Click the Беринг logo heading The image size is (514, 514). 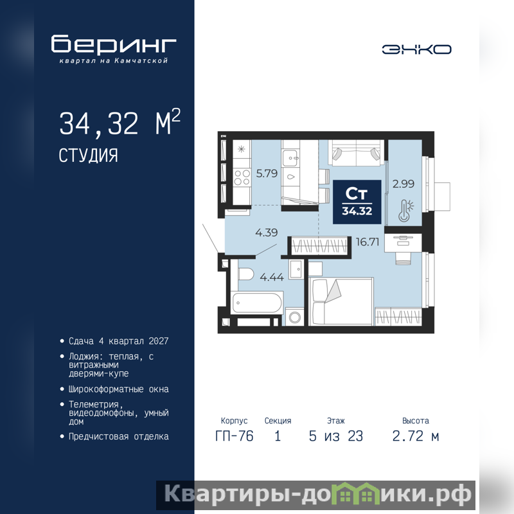pos(114,44)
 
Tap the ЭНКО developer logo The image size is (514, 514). pos(416,49)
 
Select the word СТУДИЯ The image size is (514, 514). pos(88,155)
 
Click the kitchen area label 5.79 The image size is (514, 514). pos(267,173)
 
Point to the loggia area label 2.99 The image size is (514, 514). pos(403,184)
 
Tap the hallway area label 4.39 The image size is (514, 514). pos(267,233)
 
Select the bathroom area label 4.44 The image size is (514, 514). pos(272,277)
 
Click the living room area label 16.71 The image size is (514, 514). pos(368,242)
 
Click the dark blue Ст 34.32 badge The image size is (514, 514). pos(357,202)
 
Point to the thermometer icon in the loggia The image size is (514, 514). pos(405,211)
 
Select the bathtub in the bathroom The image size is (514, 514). pos(257,302)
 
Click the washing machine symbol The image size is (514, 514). pos(295,317)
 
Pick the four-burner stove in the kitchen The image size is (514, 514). pos(242,177)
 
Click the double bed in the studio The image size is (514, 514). pos(341,301)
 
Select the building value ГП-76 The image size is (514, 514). pos(235,436)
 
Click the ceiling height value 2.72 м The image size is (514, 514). pos(416,436)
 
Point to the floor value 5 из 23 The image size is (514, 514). pos(336,436)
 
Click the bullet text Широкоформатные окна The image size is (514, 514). pos(119,389)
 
